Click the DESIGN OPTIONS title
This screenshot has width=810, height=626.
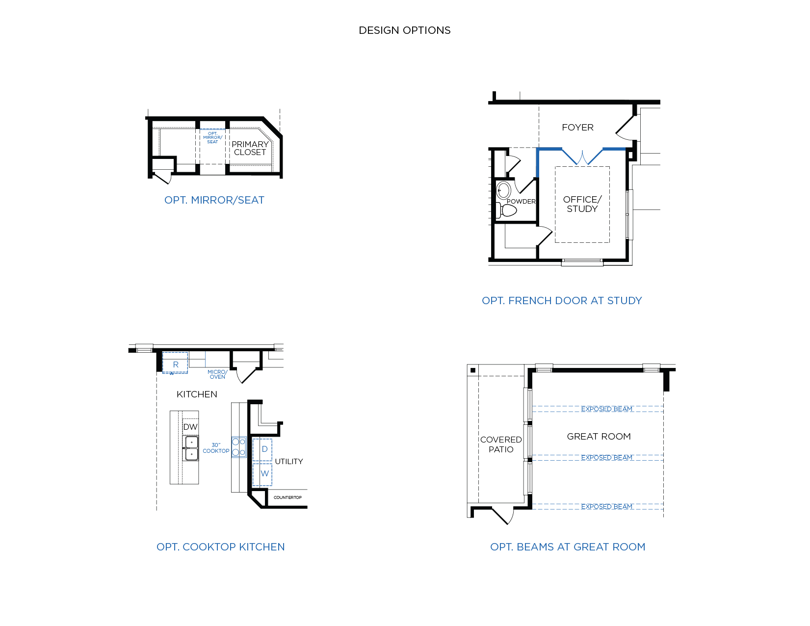tap(404, 30)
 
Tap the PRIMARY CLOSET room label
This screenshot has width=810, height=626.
tap(250, 148)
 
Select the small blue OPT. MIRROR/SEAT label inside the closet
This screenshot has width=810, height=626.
tap(212, 137)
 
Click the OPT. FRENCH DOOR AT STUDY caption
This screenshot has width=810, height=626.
tap(562, 301)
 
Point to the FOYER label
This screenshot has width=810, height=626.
tap(577, 128)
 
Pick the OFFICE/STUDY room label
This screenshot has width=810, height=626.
tap(582, 204)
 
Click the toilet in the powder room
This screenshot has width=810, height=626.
tap(506, 210)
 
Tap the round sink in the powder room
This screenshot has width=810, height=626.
tap(503, 190)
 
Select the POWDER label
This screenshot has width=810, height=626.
tap(521, 202)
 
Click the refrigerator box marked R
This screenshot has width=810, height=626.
tap(175, 363)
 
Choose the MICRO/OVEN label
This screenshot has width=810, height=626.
tap(217, 374)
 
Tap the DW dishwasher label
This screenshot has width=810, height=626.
tap(190, 427)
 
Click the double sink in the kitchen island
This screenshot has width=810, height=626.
tap(190, 448)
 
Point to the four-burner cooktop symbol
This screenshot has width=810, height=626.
tap(239, 447)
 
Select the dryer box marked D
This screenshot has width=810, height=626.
tap(262, 450)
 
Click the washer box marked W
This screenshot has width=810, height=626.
tap(262, 473)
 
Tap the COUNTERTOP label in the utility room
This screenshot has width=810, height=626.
tap(287, 497)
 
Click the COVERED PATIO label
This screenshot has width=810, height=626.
tap(501, 444)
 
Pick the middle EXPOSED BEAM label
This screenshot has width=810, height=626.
tap(606, 458)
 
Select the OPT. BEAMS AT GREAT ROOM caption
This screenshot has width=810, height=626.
tap(567, 547)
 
